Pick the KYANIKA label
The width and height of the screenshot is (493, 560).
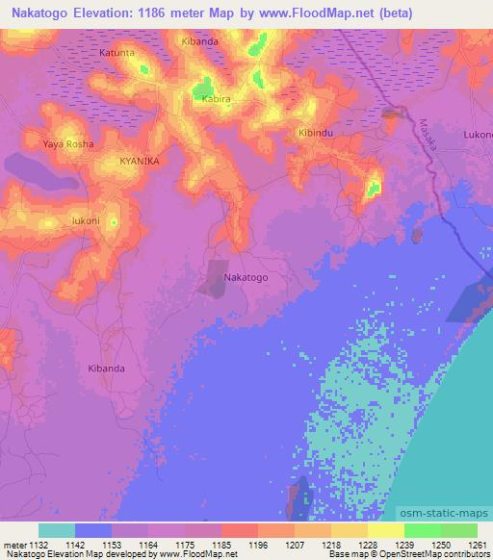click(139, 162)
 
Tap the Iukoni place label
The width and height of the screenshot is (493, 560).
click(86, 220)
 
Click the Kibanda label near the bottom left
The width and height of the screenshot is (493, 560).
click(106, 369)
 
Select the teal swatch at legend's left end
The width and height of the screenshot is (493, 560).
click(57, 530)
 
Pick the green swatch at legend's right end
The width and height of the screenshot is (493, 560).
click(458, 530)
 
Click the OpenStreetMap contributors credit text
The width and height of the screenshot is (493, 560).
click(423, 554)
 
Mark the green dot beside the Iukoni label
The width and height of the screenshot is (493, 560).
click(114, 222)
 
